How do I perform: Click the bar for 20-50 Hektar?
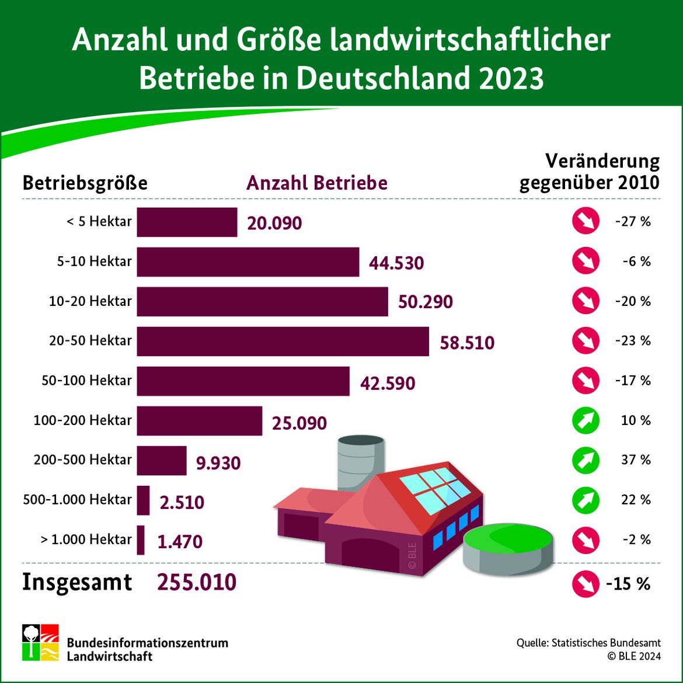(283, 341)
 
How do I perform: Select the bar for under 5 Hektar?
(187, 222)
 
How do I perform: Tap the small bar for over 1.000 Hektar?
(141, 540)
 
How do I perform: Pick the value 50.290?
(426, 302)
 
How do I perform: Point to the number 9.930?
(218, 463)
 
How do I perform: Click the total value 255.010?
(197, 583)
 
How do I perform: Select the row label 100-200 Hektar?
(83, 420)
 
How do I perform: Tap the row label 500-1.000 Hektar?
(78, 500)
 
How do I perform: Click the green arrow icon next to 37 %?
(586, 460)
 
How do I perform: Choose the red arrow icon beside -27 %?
(586, 222)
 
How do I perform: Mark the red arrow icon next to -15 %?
(586, 584)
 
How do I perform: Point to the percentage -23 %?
(633, 341)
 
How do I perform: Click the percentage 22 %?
(636, 500)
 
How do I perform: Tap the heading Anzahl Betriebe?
(317, 183)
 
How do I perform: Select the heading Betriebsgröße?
(85, 183)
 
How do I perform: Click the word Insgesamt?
(77, 583)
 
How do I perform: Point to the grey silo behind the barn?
(360, 461)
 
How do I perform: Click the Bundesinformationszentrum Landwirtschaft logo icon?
(40, 643)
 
